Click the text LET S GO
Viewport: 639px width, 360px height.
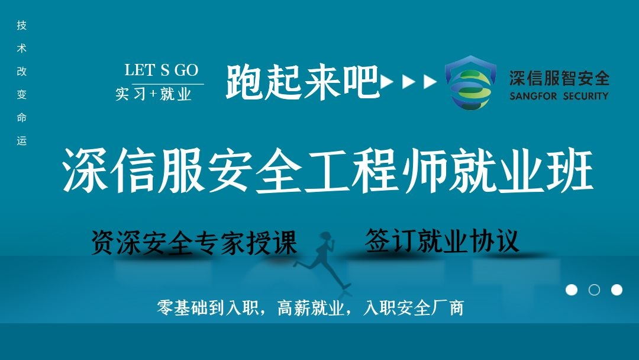[x=162, y=70]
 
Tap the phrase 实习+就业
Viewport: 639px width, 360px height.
[x=154, y=94]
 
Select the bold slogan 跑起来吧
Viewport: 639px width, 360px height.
[x=303, y=82]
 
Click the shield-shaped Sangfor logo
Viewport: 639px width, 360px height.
[x=470, y=82]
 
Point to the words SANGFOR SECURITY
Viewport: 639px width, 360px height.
[x=559, y=97]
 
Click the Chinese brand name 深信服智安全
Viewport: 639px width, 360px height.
[x=559, y=78]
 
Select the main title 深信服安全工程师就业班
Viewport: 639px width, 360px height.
[x=328, y=170]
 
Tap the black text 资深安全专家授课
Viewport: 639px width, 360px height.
[x=193, y=242]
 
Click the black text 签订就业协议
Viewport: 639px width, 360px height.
[x=442, y=240]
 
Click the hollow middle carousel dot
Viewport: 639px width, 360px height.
[x=594, y=290]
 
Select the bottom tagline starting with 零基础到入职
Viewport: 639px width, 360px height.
[x=311, y=308]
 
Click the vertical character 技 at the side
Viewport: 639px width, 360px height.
[x=22, y=25]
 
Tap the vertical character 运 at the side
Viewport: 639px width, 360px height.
[x=22, y=141]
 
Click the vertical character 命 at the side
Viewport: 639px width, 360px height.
[x=22, y=117]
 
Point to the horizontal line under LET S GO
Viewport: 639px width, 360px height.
[x=168, y=84]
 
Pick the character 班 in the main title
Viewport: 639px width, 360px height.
[x=570, y=170]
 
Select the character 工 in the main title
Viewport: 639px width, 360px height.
[x=328, y=171]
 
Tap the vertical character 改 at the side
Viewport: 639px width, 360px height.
[x=22, y=71]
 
